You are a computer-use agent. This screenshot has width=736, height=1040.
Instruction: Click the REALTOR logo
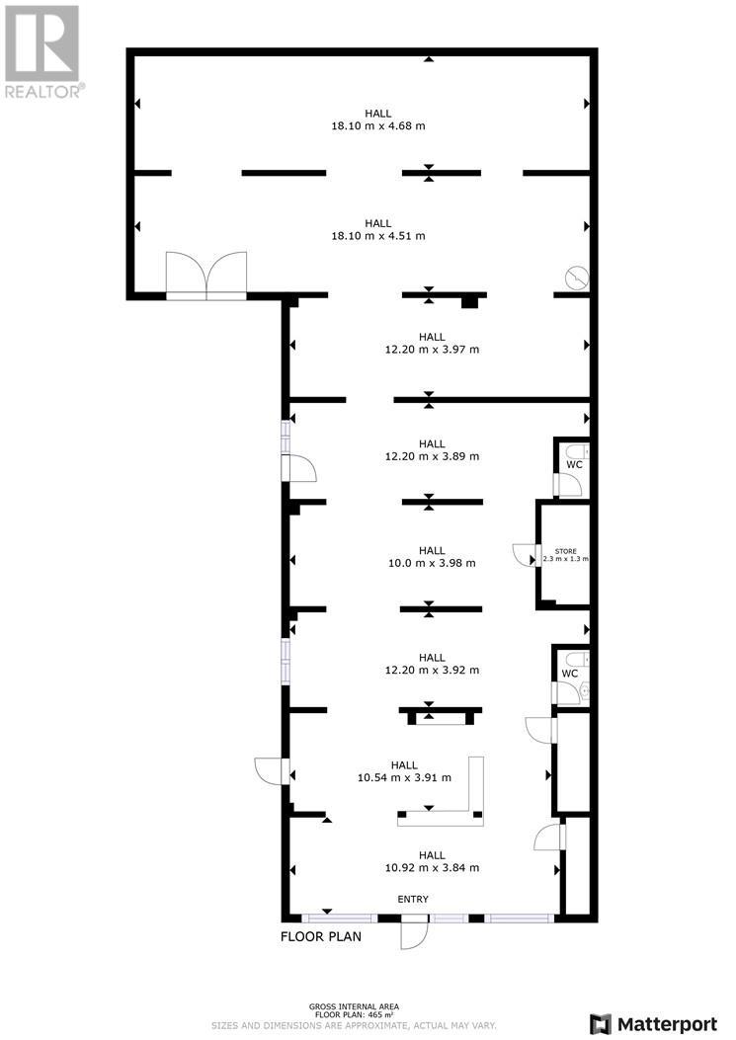click(x=42, y=51)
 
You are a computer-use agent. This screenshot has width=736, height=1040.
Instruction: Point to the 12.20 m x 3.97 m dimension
click(x=432, y=350)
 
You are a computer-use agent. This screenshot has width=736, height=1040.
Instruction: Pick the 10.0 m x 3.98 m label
click(x=432, y=563)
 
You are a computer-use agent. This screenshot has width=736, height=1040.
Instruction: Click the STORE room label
click(x=565, y=551)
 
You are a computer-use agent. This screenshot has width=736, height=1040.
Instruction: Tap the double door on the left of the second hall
click(x=206, y=275)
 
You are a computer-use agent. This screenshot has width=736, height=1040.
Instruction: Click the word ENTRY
click(x=413, y=899)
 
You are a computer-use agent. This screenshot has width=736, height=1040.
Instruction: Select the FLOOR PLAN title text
click(x=320, y=936)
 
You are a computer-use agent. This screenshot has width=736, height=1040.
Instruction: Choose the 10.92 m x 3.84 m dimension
click(x=432, y=868)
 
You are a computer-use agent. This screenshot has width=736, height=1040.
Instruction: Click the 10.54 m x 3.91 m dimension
click(x=404, y=777)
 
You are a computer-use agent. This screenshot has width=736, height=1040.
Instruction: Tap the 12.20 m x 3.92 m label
click(x=432, y=670)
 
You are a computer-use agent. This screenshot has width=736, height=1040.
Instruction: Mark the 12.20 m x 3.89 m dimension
click(x=432, y=456)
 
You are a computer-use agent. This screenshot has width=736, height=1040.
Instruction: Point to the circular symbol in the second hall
click(x=577, y=277)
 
